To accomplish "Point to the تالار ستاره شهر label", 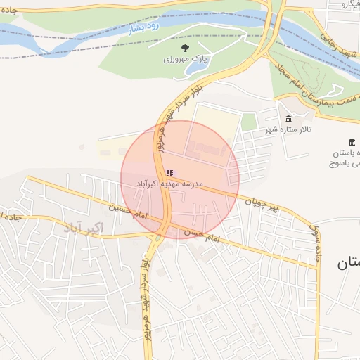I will click(x=288, y=129).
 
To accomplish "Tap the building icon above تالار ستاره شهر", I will click(x=288, y=118).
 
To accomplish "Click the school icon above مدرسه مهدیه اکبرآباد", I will click(x=169, y=173).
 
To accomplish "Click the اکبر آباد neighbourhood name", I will click(x=83, y=228).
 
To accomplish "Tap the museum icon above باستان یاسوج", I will click(x=352, y=142).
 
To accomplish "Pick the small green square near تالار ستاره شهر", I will click(x=249, y=122).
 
